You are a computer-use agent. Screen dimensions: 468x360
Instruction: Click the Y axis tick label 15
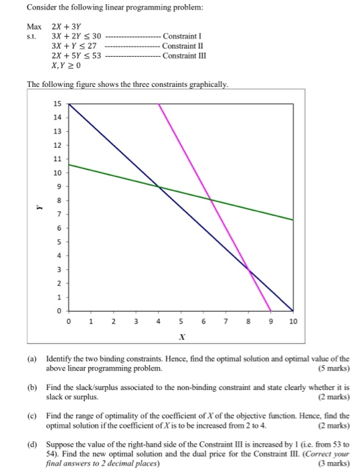point(56,104)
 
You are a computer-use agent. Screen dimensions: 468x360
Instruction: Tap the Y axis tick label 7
point(58,215)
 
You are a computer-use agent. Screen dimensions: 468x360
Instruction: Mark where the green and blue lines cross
point(159,186)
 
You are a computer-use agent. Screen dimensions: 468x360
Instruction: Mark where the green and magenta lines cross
point(211,199)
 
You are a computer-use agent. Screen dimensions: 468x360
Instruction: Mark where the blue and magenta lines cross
point(248,269)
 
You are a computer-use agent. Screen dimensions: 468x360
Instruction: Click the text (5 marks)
point(331,369)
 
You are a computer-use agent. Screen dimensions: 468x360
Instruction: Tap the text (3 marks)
point(331,462)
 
